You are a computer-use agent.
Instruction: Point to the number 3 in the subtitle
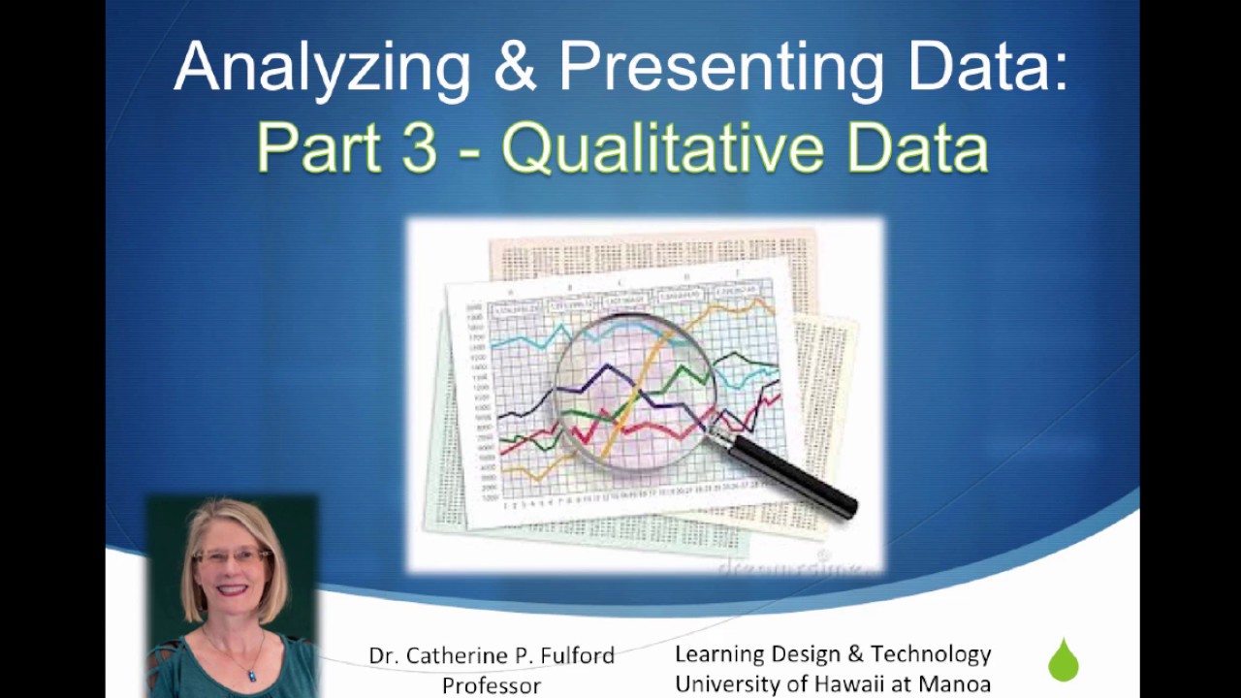click(419, 148)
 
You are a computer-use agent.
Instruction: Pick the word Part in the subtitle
click(317, 148)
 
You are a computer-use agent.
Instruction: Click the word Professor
click(492, 685)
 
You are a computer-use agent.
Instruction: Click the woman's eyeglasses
click(233, 556)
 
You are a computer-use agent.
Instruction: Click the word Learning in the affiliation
click(718, 654)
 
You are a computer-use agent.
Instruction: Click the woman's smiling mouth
click(234, 590)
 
